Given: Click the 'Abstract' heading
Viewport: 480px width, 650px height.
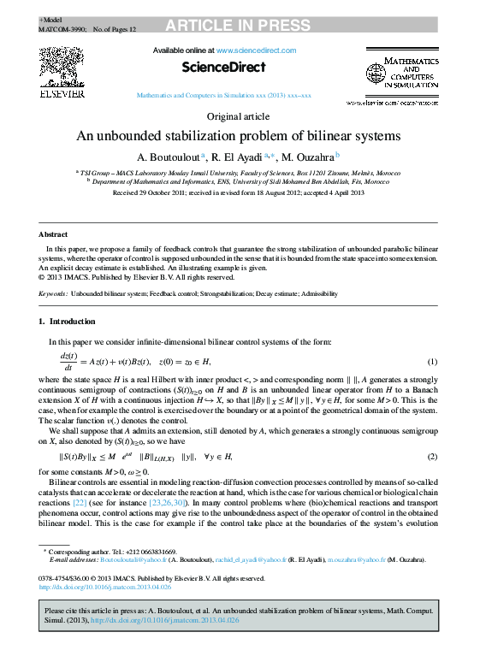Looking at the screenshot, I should coord(53,233).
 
